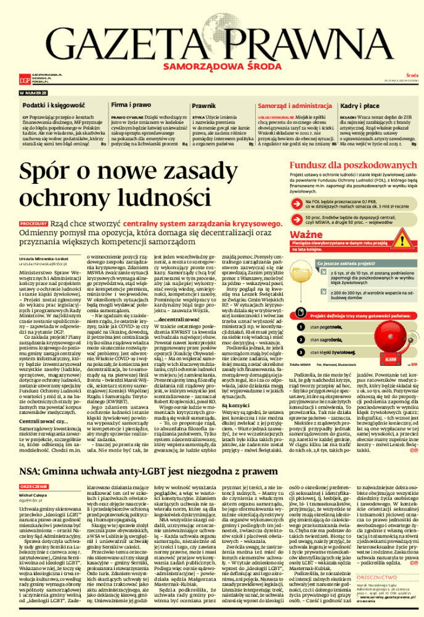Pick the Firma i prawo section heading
pos(131,106)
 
